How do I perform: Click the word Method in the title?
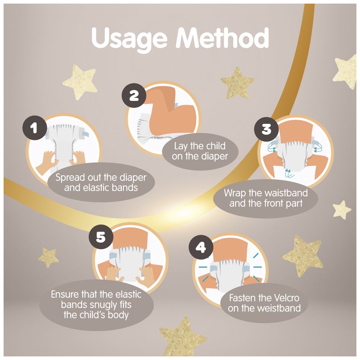pos(222,38)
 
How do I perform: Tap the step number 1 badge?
pos(35,128)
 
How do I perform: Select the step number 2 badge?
pos(134,95)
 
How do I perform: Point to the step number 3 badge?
pos(266,129)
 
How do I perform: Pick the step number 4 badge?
pos(201,248)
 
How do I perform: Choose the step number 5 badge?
pos(101,237)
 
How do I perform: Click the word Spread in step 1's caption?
pos(70,178)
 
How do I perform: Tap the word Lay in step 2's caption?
pos(181,147)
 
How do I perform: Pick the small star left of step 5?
pos(48,257)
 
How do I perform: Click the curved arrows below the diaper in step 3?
pos(289,174)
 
